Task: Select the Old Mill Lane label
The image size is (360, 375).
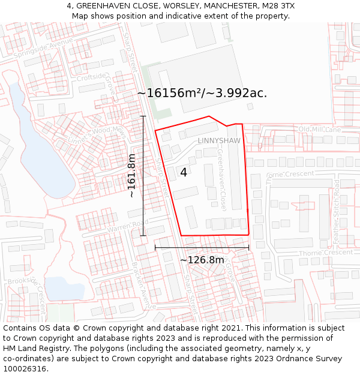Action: coord(319,129)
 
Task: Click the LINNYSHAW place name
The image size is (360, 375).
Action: coord(219,140)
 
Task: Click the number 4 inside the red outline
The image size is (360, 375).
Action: coord(184,173)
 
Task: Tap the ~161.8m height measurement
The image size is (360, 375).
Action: coord(132,175)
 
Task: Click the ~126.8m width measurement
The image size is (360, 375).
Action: coord(202,260)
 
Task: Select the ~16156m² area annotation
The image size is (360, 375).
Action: coord(202,93)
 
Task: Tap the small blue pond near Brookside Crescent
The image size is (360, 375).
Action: coord(64,287)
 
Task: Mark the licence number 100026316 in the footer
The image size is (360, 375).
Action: coord(25,368)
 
